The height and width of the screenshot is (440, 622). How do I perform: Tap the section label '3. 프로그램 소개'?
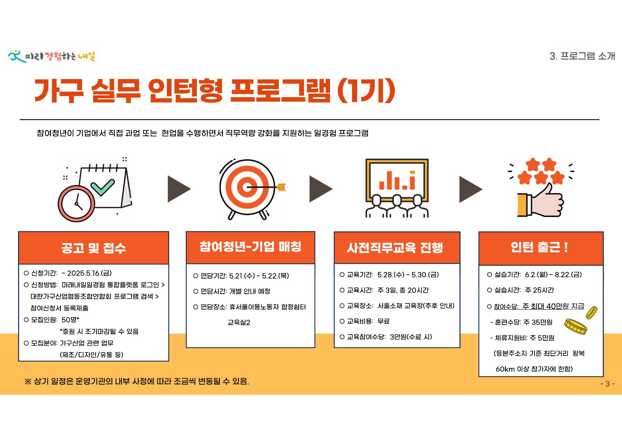pos(582,56)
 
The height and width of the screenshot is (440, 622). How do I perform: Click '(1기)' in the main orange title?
pos(366,91)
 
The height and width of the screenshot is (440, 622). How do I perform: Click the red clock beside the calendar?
pos(76,204)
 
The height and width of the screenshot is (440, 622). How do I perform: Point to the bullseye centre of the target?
pos(247,187)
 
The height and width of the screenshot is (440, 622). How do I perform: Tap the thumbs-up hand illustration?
pos(540,200)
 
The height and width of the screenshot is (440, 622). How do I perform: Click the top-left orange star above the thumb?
pos(533,164)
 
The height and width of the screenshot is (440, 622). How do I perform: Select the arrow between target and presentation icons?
pos(321,189)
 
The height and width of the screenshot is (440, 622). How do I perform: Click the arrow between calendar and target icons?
pos(179,189)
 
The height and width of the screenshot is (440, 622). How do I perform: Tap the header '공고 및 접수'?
pos(93,248)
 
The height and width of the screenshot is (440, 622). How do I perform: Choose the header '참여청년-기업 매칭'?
pos(250,247)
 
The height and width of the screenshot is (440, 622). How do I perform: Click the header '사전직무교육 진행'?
pos(395,248)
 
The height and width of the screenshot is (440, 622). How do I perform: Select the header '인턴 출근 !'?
pos(540,247)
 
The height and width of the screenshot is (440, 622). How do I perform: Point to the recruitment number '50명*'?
pos(70,320)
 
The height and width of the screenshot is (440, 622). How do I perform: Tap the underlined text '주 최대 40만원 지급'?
pos(553,306)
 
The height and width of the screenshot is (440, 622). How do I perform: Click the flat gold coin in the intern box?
pos(576,326)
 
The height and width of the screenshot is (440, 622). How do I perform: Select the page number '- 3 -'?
pos(608,383)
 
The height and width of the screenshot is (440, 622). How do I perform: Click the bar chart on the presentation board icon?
pos(397,180)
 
